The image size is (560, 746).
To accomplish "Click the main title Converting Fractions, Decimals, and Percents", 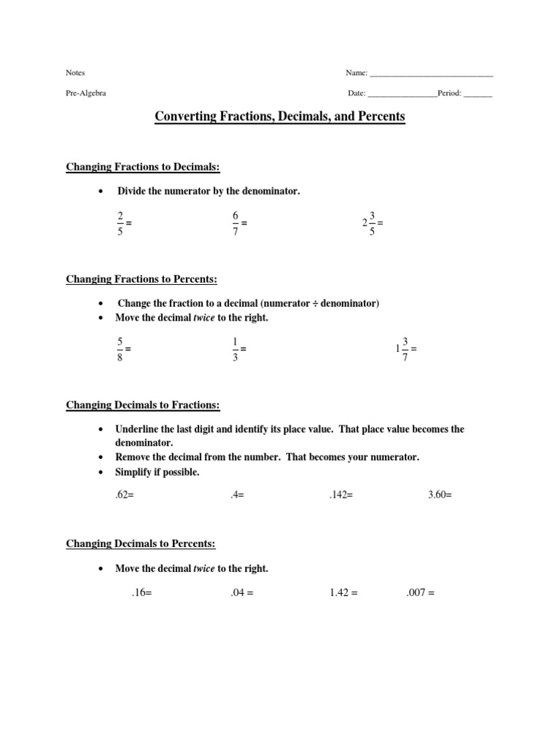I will (280, 116).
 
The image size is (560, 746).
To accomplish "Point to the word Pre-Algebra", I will (86, 94).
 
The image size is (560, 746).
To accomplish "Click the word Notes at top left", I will (76, 73).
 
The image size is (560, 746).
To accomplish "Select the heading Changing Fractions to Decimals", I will (143, 167).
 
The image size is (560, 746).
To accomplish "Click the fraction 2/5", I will (120, 223).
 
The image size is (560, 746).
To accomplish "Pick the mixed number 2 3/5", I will (370, 223).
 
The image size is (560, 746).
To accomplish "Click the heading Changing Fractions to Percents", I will (141, 279).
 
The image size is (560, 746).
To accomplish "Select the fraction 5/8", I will (120, 348).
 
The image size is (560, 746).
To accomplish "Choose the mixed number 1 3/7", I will (403, 348).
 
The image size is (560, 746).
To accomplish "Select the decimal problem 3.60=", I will (440, 495).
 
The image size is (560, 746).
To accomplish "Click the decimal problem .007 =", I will (420, 593).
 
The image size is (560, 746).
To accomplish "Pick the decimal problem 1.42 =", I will (343, 593).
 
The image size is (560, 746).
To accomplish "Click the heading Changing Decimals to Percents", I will (141, 543).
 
